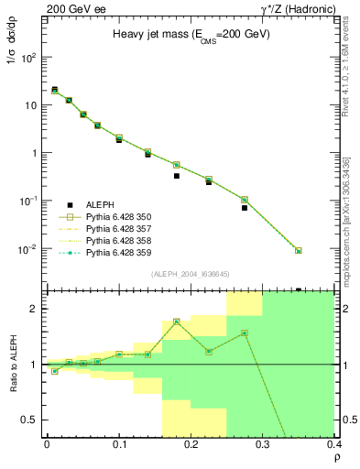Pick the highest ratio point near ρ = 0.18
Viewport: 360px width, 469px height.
[x=177, y=322]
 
